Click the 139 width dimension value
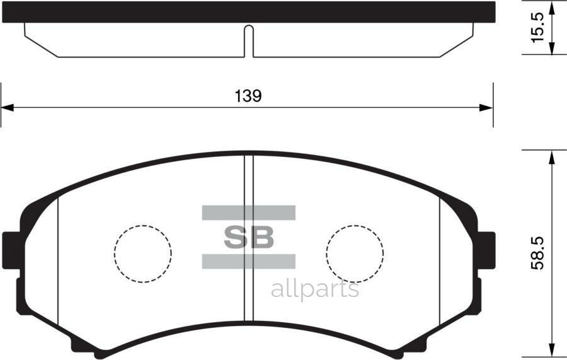[248, 96]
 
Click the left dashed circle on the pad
[143, 253]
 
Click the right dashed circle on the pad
[355, 253]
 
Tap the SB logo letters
[249, 237]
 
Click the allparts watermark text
[315, 289]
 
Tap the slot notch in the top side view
[249, 40]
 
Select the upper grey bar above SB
[249, 212]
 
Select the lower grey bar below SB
[249, 261]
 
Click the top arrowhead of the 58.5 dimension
[553, 156]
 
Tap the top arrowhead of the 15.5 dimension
[553, 8]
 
